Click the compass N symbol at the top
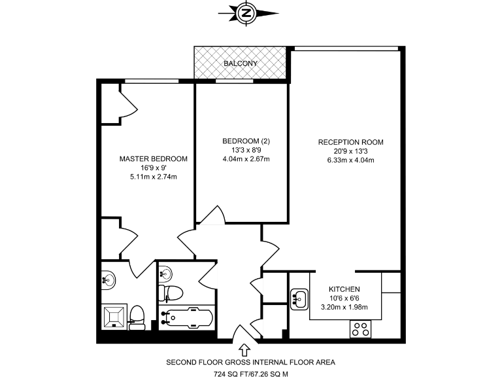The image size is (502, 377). coord(246,12)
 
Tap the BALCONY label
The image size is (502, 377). coord(241,63)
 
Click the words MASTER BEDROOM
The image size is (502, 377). coord(154,158)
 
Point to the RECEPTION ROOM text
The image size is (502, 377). coord(350,142)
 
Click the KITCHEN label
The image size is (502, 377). coord(344,289)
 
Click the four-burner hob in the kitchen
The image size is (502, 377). coord(360,329)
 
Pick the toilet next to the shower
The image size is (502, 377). coord(137,315)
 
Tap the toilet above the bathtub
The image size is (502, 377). coord(173,291)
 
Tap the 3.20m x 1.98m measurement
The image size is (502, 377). coord(344,306)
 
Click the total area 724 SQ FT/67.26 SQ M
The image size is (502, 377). coord(251,374)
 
